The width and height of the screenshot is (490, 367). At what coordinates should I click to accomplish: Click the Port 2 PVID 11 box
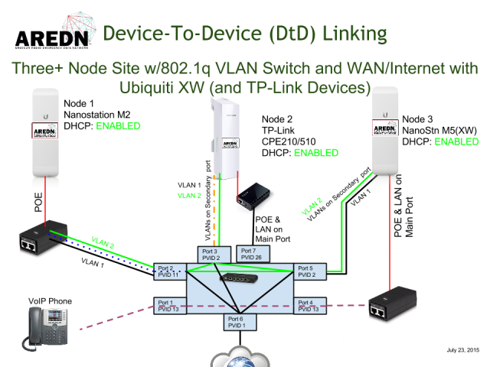pyautogui.click(x=166, y=271)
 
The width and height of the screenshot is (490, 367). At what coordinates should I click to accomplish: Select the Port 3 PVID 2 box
pyautogui.click(x=211, y=255)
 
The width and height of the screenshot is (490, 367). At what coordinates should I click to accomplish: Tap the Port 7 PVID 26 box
pyautogui.click(x=250, y=254)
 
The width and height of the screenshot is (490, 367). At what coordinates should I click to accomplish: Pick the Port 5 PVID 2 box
pyautogui.click(x=309, y=271)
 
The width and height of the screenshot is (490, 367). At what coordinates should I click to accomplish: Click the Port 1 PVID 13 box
pyautogui.click(x=166, y=306)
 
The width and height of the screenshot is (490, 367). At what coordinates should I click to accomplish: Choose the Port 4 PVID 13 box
pyautogui.click(x=309, y=306)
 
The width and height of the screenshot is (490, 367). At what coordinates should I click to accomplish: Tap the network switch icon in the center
pyautogui.click(x=237, y=278)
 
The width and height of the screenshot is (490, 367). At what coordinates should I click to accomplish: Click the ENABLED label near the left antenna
pyautogui.click(x=118, y=126)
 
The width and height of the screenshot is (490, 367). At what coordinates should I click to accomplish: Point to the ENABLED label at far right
pyautogui.click(x=456, y=141)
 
